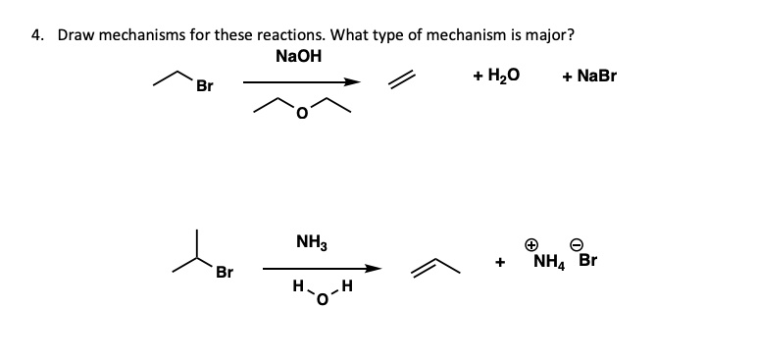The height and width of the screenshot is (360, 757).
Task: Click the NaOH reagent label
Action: (299, 55)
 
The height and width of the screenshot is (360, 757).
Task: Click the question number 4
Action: (35, 34)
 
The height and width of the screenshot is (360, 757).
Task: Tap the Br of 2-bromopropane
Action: (226, 272)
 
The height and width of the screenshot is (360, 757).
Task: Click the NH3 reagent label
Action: (311, 240)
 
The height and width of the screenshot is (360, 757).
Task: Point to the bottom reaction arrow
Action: (320, 268)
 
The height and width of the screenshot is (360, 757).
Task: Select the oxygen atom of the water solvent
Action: (317, 299)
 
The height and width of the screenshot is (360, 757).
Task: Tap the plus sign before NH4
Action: (500, 263)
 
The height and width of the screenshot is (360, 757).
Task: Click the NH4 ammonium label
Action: (549, 262)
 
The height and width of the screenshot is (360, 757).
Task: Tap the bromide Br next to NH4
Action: (587, 262)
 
